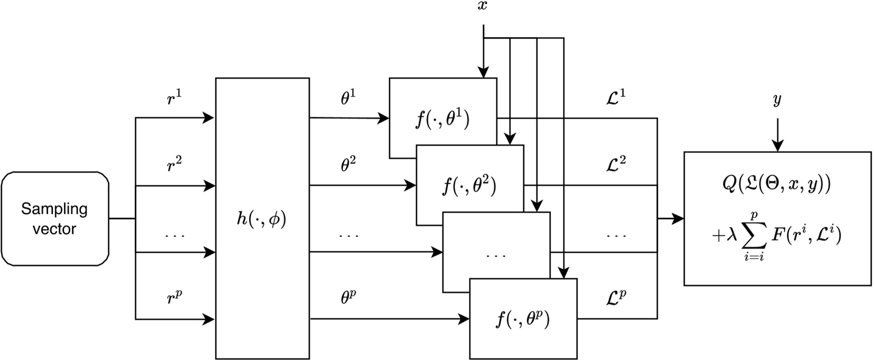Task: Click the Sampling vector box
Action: (x=55, y=219)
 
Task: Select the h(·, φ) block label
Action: (x=262, y=219)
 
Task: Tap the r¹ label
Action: (x=174, y=98)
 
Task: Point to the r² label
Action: (x=174, y=165)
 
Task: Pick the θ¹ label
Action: (x=348, y=98)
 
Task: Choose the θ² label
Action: (x=348, y=165)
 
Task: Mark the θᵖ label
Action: (x=348, y=298)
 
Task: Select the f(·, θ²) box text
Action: (x=469, y=186)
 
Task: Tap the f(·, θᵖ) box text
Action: (x=523, y=319)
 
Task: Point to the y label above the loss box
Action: (x=777, y=100)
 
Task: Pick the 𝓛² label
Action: (x=615, y=165)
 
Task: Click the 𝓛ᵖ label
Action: (x=615, y=298)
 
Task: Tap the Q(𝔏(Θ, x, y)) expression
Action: (x=777, y=184)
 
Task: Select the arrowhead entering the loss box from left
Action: (x=679, y=219)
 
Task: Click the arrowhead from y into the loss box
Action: (x=777, y=146)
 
